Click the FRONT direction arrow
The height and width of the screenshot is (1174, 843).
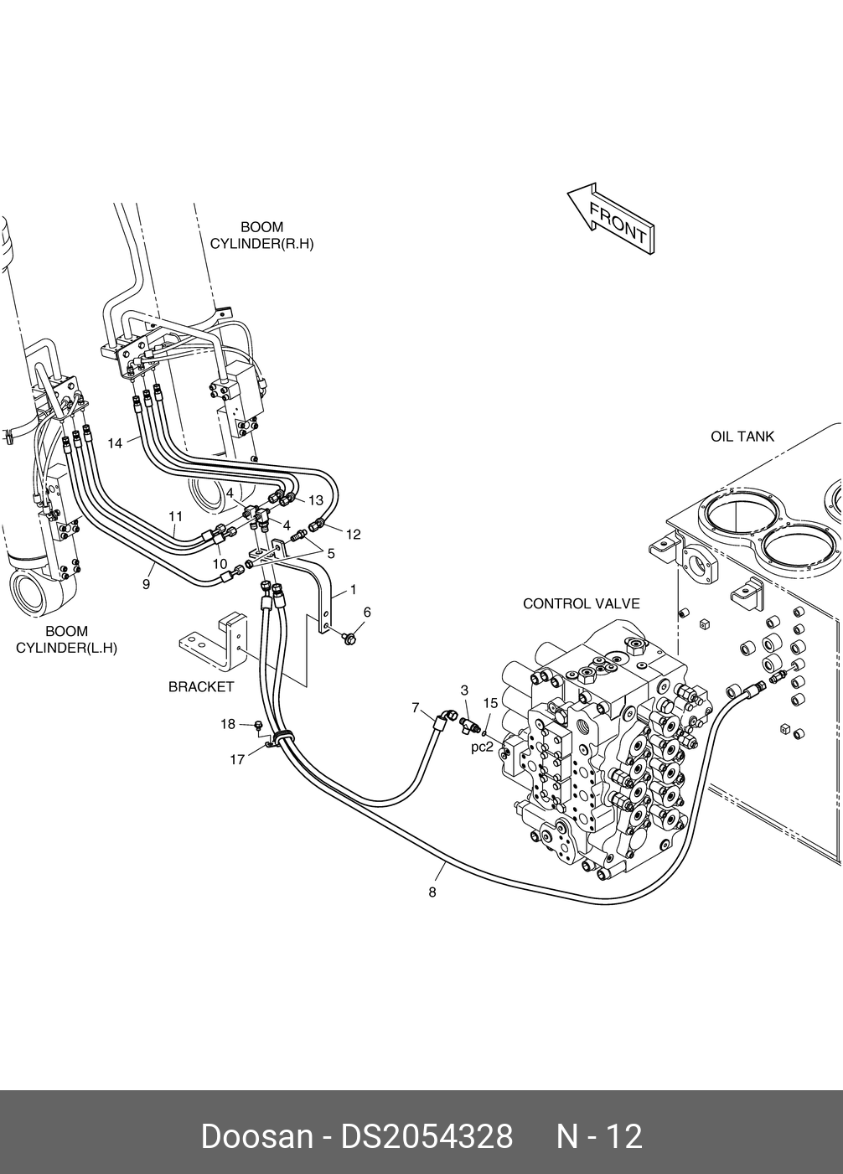click(611, 218)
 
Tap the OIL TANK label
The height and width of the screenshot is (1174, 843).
click(742, 437)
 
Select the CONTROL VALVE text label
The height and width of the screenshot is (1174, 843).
click(582, 604)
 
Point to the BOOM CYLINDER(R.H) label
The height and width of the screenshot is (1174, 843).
click(261, 235)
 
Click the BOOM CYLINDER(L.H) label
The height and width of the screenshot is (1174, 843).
click(66, 639)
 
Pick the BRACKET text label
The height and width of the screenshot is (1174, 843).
click(201, 686)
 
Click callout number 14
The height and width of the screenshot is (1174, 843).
click(115, 443)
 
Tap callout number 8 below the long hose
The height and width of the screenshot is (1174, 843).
click(432, 892)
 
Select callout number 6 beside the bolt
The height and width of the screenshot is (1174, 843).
click(367, 613)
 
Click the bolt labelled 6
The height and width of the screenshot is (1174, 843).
click(348, 638)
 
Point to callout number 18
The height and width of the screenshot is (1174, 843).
click(228, 724)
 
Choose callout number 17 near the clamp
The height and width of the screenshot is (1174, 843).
click(237, 759)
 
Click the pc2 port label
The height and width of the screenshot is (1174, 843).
click(482, 747)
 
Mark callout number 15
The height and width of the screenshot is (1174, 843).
click(490, 702)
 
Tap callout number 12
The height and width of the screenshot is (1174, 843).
click(354, 534)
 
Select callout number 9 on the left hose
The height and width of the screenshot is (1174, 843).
click(147, 584)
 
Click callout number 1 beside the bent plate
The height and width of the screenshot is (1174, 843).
click(354, 590)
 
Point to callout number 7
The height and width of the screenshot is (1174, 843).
click(416, 707)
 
